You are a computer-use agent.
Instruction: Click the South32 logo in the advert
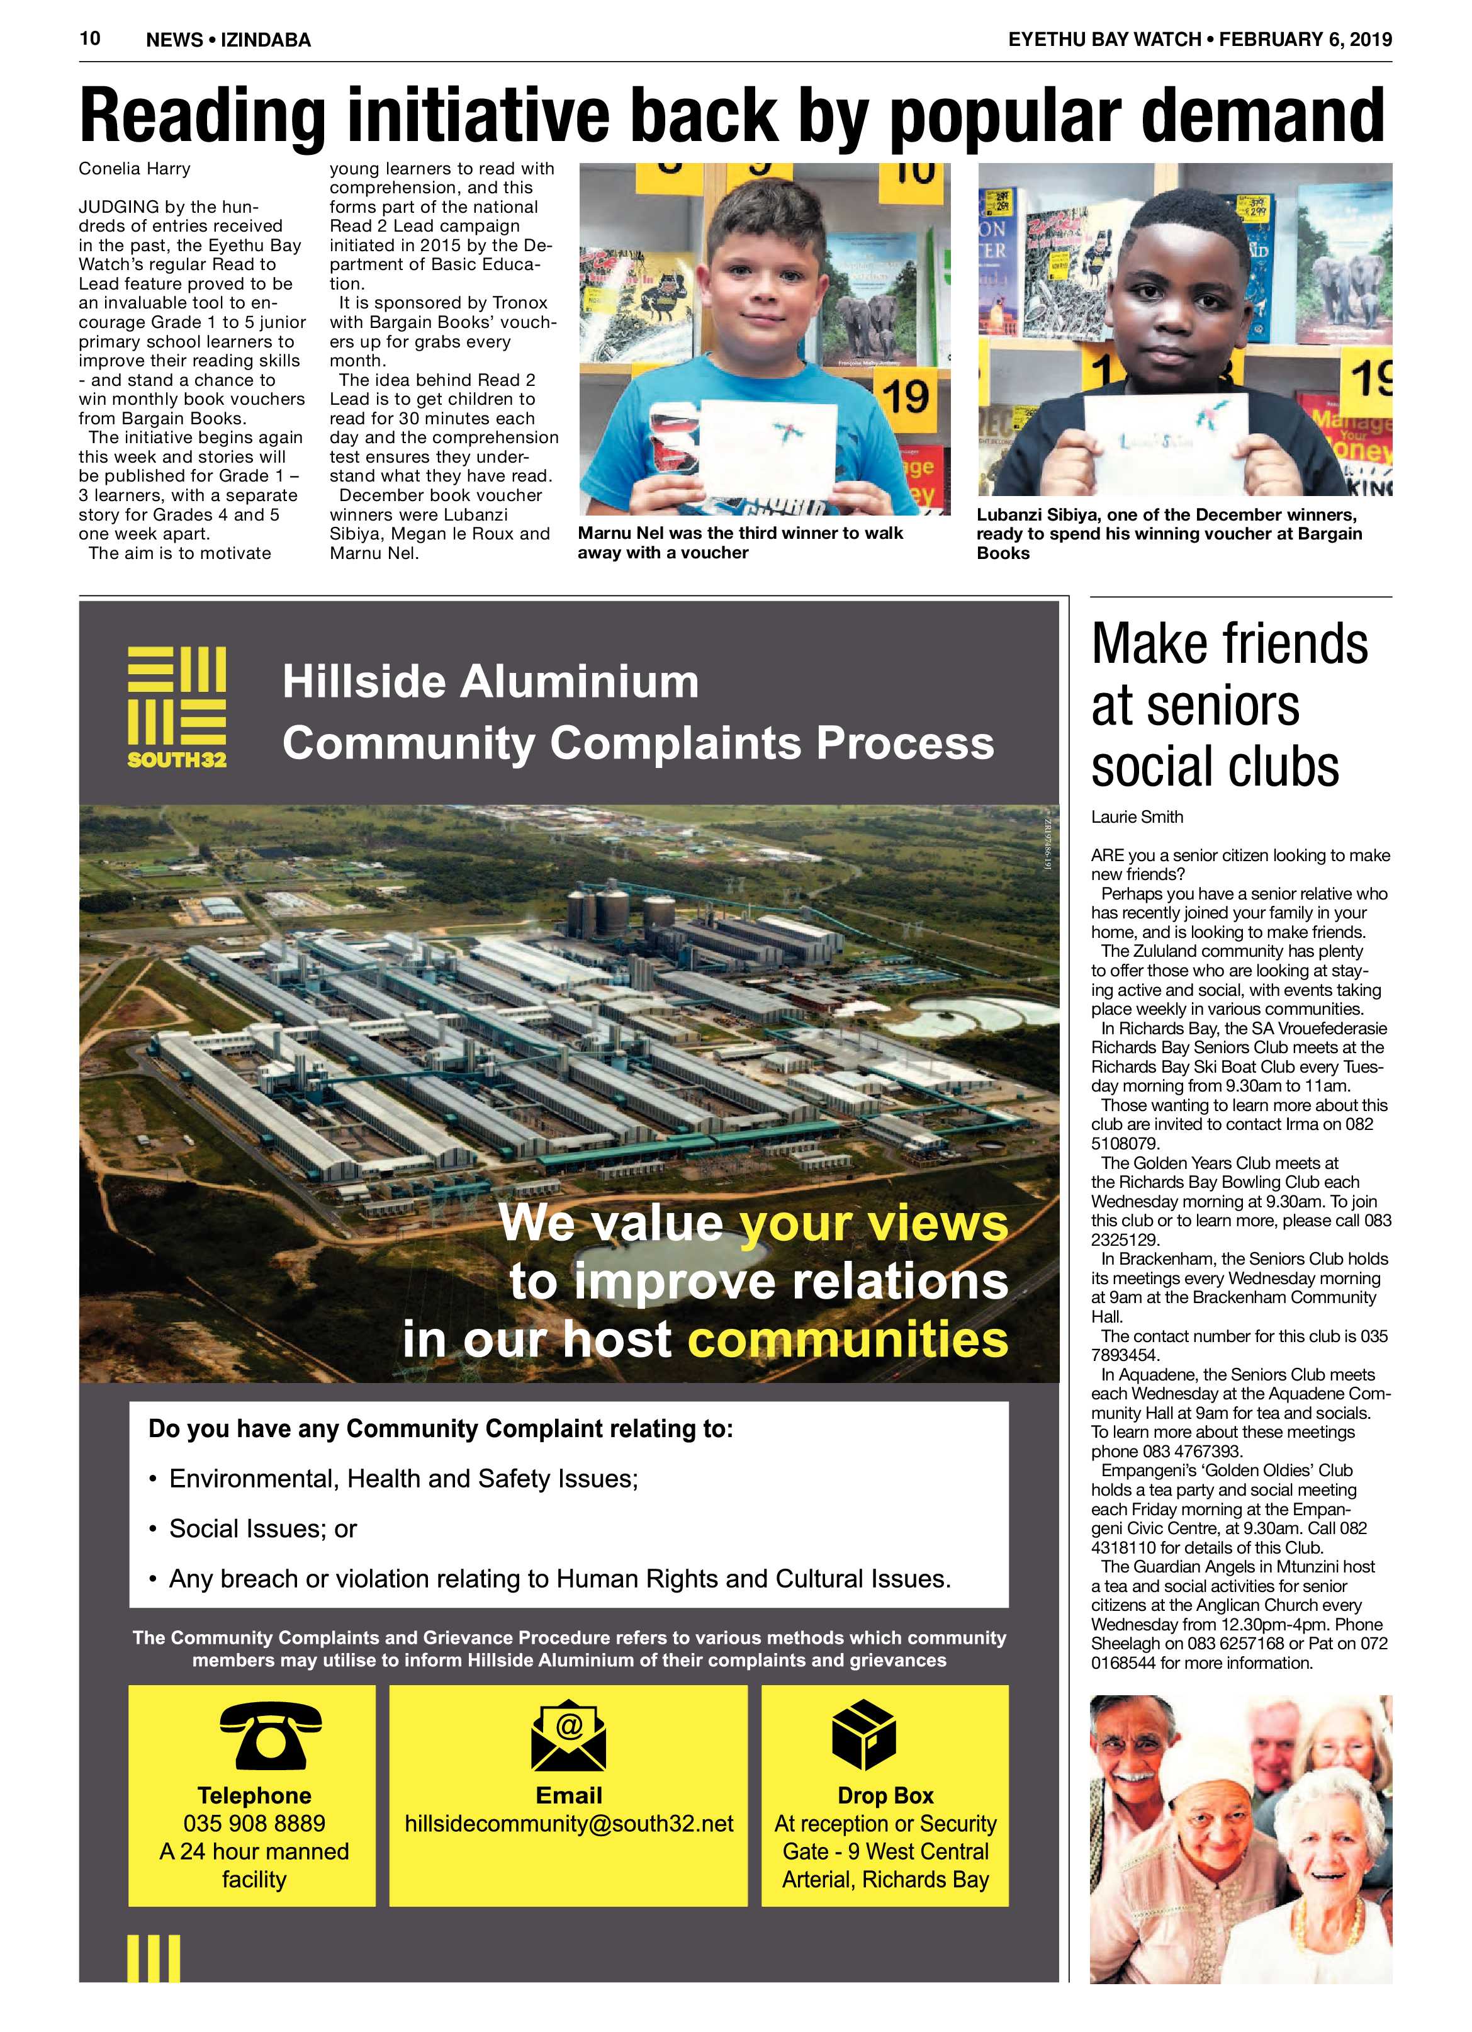pyautogui.click(x=176, y=706)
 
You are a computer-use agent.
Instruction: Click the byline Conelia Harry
pyautogui.click(x=135, y=169)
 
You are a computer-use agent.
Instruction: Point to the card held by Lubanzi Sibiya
pyautogui.click(x=1166, y=434)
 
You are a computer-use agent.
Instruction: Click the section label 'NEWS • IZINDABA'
pyautogui.click(x=228, y=40)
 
